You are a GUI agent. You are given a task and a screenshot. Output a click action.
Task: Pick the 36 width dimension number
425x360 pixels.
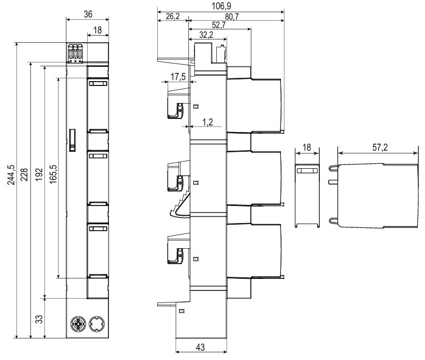pos(87,14)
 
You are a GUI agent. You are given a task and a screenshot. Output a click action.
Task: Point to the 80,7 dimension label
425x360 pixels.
pos(236,17)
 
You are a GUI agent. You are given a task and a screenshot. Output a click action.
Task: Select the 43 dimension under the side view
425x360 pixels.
pos(200,348)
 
